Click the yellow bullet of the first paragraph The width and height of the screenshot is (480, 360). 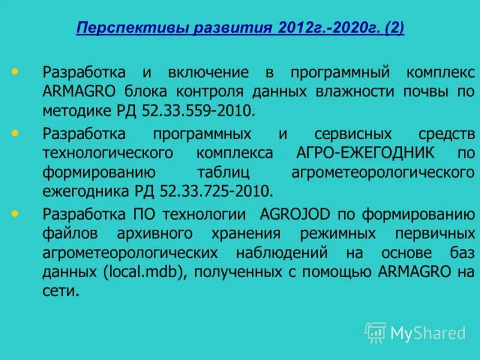point(14,72)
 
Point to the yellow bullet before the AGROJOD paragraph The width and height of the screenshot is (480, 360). point(14,213)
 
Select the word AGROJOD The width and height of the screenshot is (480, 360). point(293,214)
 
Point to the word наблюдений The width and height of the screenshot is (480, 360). point(289,252)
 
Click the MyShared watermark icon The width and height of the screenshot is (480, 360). point(376,332)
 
